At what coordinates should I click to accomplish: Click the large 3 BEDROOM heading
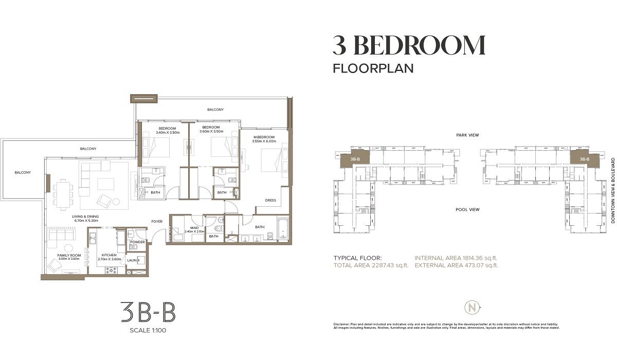tap(409, 46)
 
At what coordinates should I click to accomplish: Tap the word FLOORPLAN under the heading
tap(373, 68)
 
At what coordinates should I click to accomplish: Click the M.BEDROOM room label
tap(265, 137)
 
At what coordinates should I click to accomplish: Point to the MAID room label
tap(194, 227)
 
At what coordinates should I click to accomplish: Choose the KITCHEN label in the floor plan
tap(109, 255)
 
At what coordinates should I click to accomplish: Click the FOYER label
tap(157, 222)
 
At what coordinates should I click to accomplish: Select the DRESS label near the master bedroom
tap(270, 201)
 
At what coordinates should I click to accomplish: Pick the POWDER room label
tap(137, 242)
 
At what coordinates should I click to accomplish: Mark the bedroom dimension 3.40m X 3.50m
tap(167, 132)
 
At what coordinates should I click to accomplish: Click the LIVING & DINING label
tap(85, 217)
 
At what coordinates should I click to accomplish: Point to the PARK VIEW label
tap(467, 135)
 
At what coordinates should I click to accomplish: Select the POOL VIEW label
tap(467, 209)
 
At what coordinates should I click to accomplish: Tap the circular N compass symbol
tap(473, 307)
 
